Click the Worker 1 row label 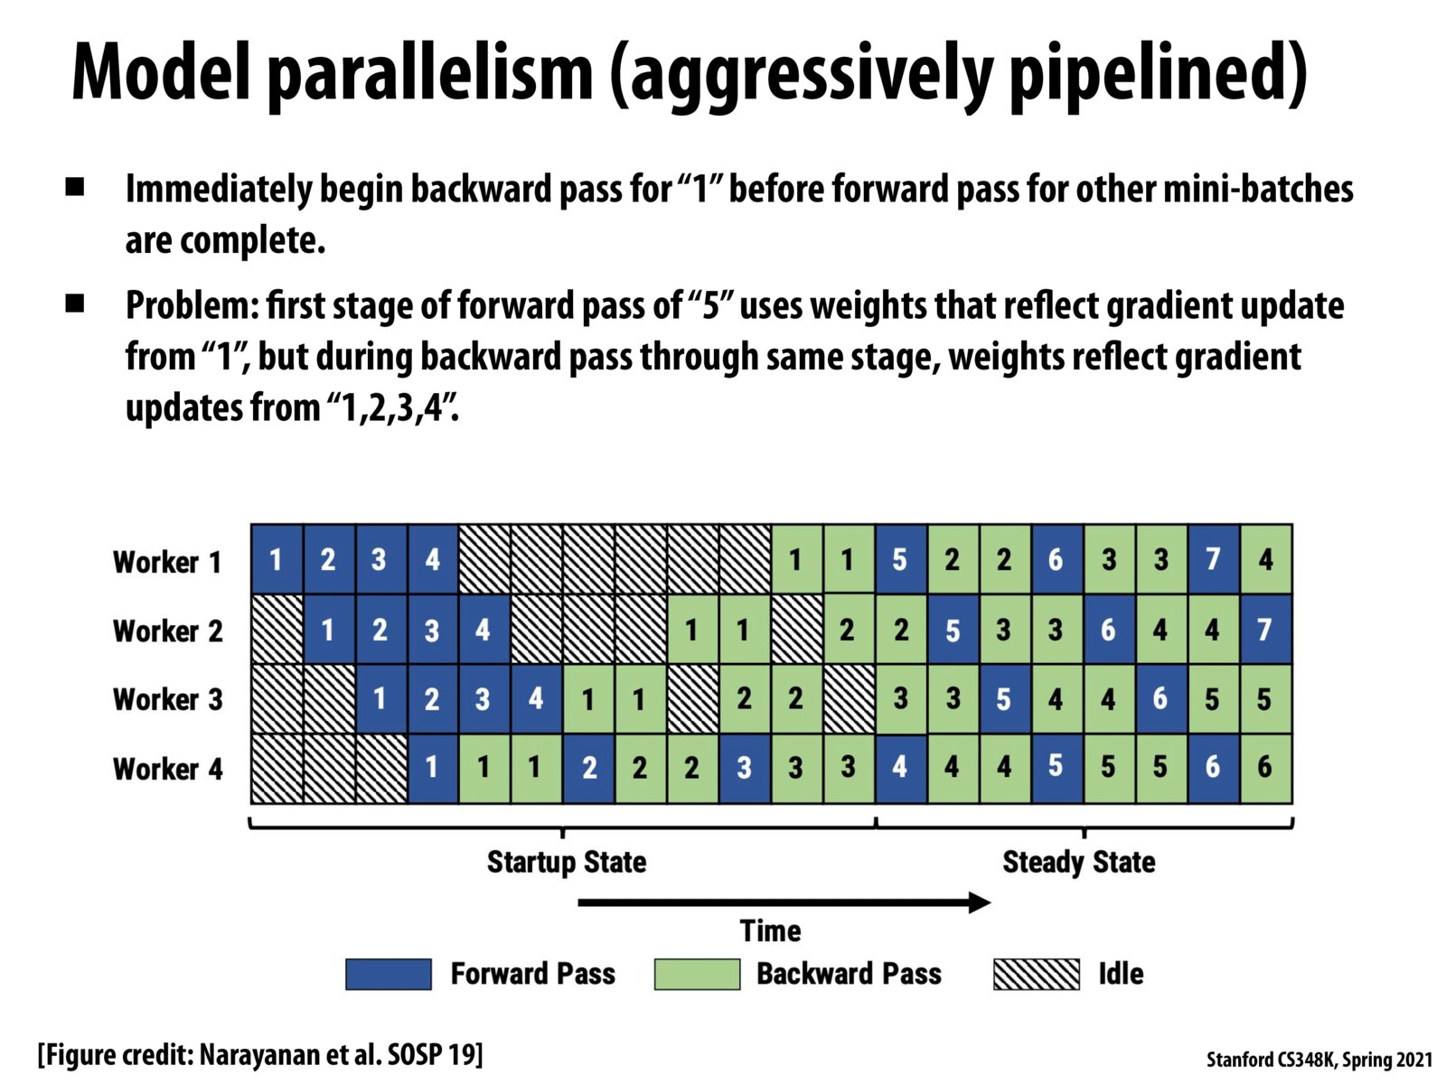[x=167, y=562]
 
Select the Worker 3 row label [x=167, y=699]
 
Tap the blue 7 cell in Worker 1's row [x=1213, y=560]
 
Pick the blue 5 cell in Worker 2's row [x=953, y=630]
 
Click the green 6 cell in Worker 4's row [x=1265, y=768]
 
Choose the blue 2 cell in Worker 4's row [x=589, y=768]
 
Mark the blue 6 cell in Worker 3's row [x=1160, y=699]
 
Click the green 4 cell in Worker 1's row [x=1265, y=560]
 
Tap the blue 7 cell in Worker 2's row [x=1265, y=630]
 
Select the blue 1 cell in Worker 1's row [x=277, y=560]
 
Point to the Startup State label [x=567, y=862]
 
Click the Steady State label [x=1079, y=862]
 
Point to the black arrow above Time [x=784, y=902]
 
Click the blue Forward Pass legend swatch [x=389, y=974]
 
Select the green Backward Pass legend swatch [x=697, y=974]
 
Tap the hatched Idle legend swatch [x=1037, y=974]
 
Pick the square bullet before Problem [x=75, y=304]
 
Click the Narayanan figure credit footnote [x=260, y=1054]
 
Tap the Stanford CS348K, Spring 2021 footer [x=1319, y=1060]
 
